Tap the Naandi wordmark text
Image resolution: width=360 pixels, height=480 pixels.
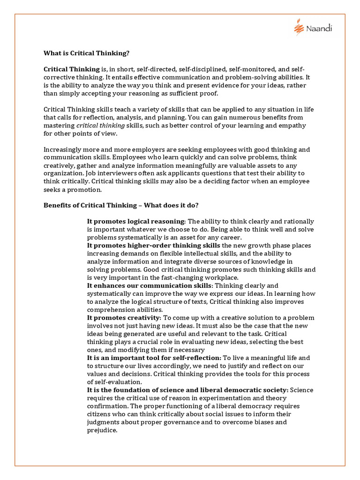coord(320,30)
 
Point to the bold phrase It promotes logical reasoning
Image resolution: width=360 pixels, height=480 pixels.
coord(136,221)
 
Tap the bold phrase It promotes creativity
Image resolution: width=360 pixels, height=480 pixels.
coord(123,318)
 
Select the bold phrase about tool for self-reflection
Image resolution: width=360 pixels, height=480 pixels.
coord(154,358)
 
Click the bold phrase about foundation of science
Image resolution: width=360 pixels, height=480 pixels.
coord(187,390)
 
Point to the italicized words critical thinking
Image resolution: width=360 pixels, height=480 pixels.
coord(101,126)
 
